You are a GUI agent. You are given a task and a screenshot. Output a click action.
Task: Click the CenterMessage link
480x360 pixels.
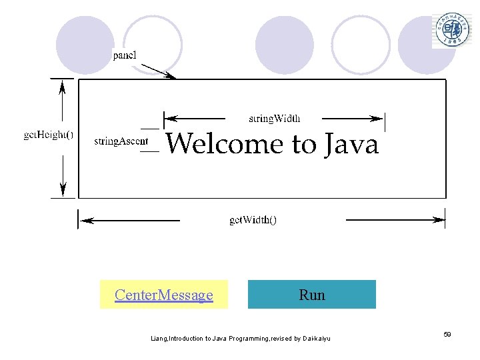click(163, 295)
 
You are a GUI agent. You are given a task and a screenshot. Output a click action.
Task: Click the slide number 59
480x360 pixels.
click(447, 333)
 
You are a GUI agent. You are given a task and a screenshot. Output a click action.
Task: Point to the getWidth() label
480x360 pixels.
click(253, 219)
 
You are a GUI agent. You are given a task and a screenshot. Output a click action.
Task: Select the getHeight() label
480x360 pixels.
click(49, 134)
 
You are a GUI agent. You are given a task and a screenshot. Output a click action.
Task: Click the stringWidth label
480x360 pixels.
click(274, 119)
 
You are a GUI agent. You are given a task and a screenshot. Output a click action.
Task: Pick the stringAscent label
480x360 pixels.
click(121, 141)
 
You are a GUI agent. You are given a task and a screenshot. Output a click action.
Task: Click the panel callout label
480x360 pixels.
click(125, 55)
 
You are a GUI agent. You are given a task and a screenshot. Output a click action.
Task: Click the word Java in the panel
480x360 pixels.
click(351, 145)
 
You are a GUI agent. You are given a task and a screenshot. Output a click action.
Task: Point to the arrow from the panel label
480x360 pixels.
click(159, 71)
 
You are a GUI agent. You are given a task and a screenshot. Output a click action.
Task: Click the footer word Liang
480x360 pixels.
click(159, 339)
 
